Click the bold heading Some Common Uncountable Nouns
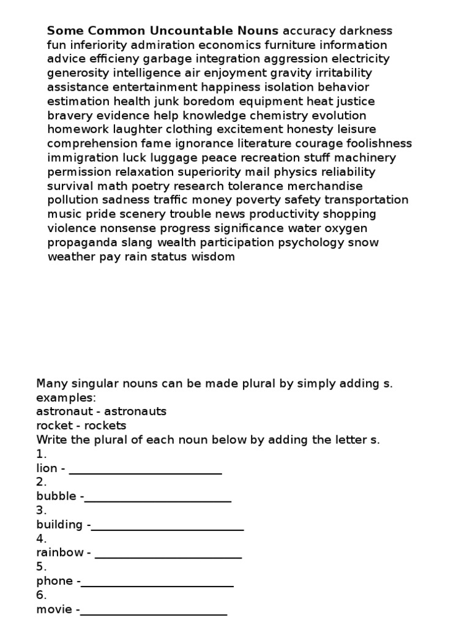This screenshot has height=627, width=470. coord(163,31)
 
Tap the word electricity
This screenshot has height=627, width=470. coord(360,59)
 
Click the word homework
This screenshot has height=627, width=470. coord(78,129)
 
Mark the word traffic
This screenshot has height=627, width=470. coord(171,200)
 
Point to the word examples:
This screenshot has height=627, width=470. coord(66,397)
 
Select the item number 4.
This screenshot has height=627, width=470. coord(42,539)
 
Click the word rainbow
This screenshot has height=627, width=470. coord(59,552)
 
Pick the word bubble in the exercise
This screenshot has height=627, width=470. coord(56,496)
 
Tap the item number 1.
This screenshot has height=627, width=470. coord(41,454)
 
